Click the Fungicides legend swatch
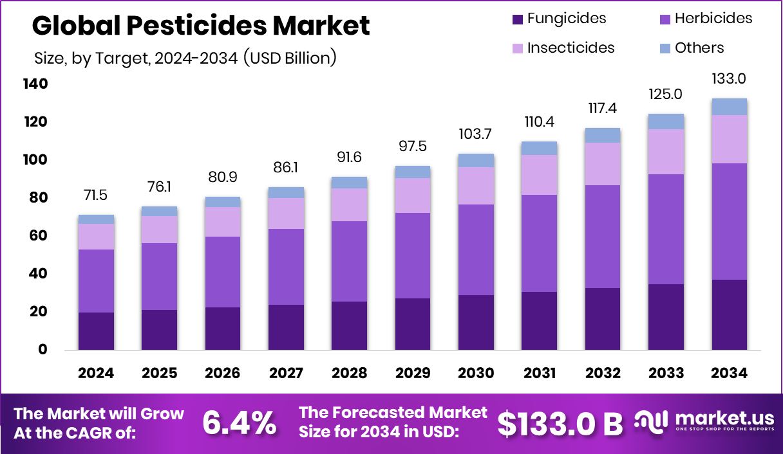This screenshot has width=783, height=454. [x=518, y=19]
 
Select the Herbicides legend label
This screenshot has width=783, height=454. [x=713, y=19]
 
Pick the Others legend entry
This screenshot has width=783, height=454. [x=699, y=48]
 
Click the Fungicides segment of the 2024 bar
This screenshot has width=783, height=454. [x=96, y=331]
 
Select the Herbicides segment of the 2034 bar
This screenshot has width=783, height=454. [x=729, y=221]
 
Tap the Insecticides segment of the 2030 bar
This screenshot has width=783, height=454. [x=476, y=186]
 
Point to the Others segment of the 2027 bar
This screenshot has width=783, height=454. [x=286, y=192]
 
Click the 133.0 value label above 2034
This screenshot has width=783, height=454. [x=729, y=79]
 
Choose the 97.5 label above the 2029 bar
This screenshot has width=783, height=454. [x=413, y=147]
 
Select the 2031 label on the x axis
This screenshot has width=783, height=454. [x=539, y=373]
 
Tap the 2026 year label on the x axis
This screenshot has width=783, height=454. [x=223, y=373]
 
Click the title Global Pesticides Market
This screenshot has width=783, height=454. [x=201, y=26]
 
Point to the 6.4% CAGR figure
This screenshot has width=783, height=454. [x=240, y=422]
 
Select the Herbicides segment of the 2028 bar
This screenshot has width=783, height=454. [x=349, y=261]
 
